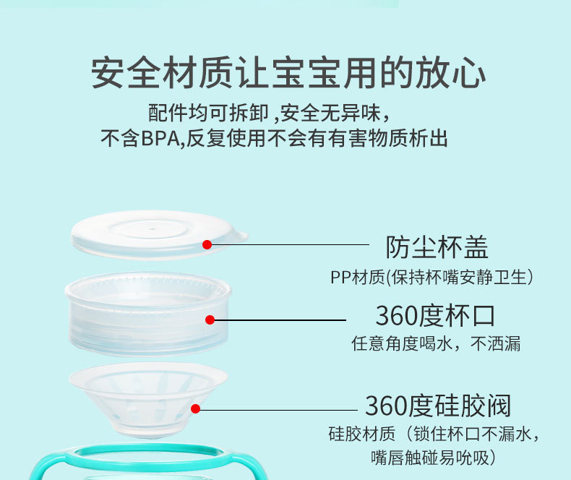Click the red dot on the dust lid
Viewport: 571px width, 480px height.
[x=207, y=244]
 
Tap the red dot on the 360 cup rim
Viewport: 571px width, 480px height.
[x=210, y=320]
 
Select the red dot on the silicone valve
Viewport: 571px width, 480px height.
[x=196, y=408]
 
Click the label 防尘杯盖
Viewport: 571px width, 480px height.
[x=437, y=247]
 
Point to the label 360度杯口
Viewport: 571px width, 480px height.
[x=435, y=315]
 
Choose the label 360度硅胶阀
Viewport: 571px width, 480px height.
[x=438, y=405]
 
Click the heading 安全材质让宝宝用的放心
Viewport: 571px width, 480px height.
[x=288, y=75]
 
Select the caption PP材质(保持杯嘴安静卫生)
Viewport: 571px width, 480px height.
[x=432, y=276]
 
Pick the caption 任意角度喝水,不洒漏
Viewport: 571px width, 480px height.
[x=436, y=343]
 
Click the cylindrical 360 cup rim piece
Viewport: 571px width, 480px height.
[x=145, y=318]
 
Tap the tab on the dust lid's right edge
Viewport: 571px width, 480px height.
[x=240, y=235]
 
